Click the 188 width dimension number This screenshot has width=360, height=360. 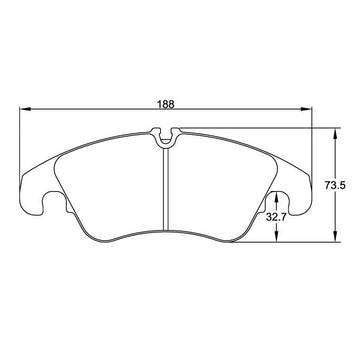click(x=166, y=104)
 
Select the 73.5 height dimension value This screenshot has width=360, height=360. click(x=335, y=185)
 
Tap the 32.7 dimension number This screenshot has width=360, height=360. click(x=276, y=218)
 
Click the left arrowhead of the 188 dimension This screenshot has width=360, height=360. click(x=25, y=109)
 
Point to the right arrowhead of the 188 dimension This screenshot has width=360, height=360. click(x=306, y=109)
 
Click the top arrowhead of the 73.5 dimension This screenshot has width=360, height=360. click(x=335, y=134)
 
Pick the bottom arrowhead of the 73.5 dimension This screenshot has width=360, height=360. click(x=335, y=236)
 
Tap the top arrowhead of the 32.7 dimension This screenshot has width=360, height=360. click(x=276, y=198)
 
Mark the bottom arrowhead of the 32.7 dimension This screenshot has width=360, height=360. click(x=276, y=236)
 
